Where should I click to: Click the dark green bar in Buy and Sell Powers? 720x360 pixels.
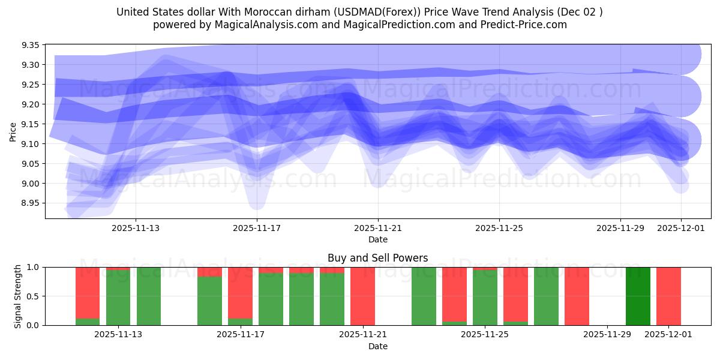(x=638, y=296)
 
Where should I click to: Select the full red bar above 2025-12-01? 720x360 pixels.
(x=668, y=296)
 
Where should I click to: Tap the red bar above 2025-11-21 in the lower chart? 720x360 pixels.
(x=362, y=296)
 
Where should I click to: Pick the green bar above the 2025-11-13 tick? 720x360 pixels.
(x=118, y=298)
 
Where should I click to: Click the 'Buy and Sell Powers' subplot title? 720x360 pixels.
(x=377, y=258)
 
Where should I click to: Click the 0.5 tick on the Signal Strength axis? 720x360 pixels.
(x=34, y=296)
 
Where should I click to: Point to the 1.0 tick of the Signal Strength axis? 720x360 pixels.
(x=34, y=267)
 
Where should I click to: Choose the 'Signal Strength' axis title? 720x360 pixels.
(x=18, y=296)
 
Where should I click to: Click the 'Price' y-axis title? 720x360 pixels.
(x=13, y=131)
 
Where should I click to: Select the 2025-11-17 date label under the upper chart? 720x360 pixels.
(x=257, y=228)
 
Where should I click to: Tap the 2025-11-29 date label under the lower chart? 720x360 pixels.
(x=607, y=335)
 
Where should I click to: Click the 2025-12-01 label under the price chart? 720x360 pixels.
(x=681, y=228)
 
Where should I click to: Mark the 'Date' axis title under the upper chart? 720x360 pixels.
(x=377, y=239)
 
